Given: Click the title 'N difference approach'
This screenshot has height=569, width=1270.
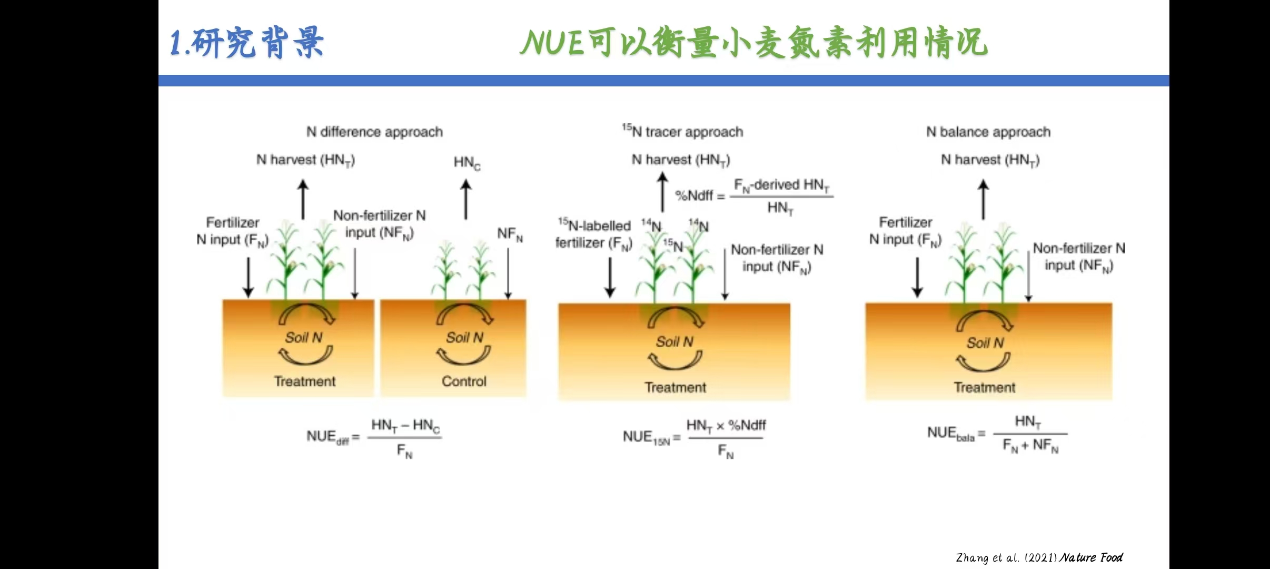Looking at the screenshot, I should coord(374,132).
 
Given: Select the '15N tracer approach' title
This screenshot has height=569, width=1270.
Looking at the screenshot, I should coord(682,131).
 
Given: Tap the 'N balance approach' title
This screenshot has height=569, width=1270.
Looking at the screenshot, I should coord(988,132).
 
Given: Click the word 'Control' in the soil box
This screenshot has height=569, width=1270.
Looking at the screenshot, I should coord(464,381).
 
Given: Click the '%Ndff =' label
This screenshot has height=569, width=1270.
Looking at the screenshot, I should coord(700,196).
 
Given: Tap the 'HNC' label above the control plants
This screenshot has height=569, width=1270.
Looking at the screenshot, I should coord(467,162).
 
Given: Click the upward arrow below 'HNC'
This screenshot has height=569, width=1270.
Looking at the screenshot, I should coord(466,200).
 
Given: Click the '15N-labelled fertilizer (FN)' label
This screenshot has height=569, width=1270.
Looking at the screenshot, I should coord(594,234).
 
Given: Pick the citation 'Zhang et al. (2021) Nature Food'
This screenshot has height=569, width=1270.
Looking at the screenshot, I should coord(1039,557).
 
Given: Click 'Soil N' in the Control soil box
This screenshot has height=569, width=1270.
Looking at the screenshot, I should coord(464,338).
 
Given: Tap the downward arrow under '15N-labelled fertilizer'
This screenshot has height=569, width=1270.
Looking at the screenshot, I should coord(610,278).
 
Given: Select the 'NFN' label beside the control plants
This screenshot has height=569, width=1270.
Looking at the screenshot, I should coord(510,234).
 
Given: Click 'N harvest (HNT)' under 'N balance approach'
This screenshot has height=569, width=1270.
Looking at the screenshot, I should coord(990,160).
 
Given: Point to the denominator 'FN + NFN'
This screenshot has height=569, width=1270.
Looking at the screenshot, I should coord(1030,446).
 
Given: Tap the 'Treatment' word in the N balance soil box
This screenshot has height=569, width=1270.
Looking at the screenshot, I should coord(985,387).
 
